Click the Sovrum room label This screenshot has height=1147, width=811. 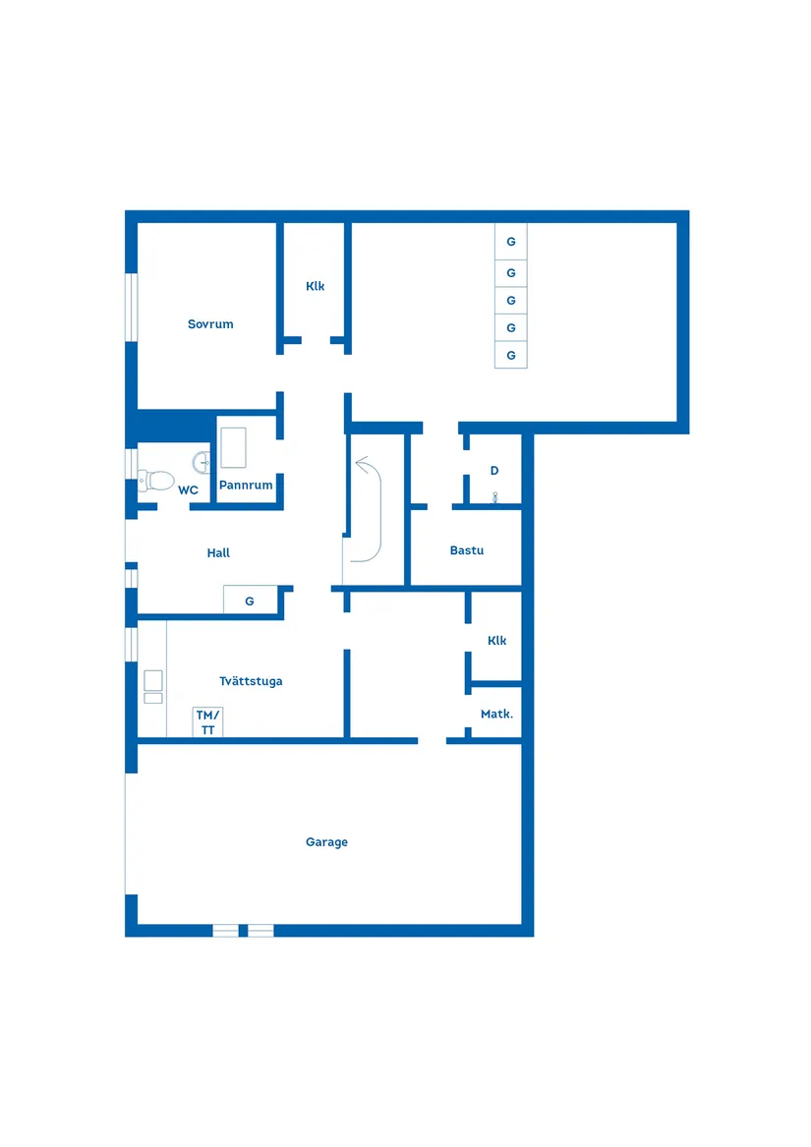tap(210, 324)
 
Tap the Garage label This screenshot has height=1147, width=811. tap(326, 842)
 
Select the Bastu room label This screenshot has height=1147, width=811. tap(467, 550)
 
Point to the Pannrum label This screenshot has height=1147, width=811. tap(246, 485)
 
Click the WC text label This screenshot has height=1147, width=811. tap(188, 490)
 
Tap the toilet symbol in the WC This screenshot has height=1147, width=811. tap(156, 481)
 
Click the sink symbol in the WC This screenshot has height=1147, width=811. tap(202, 462)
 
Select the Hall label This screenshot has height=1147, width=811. tap(218, 553)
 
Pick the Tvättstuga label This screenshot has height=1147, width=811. tap(251, 681)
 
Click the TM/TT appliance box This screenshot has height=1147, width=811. tap(207, 722)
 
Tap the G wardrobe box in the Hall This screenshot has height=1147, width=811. tap(251, 601)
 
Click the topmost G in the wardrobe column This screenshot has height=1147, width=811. tap(511, 242)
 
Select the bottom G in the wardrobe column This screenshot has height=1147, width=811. tap(511, 355)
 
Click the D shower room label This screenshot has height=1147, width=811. tap(494, 471)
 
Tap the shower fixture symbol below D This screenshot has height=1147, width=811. tap(494, 497)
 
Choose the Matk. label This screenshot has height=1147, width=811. tap(497, 714)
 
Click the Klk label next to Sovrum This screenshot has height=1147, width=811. tap(315, 286)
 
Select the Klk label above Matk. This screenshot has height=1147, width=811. tap(497, 640)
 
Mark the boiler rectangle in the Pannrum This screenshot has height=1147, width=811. tap(234, 447)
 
